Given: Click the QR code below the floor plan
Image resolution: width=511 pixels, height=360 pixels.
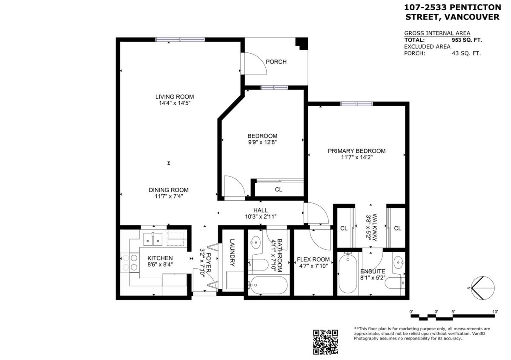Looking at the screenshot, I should (x=326, y=342).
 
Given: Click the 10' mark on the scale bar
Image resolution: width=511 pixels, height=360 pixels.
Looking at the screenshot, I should (x=495, y=312).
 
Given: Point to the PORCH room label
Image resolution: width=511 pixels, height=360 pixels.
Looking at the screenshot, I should (x=276, y=62).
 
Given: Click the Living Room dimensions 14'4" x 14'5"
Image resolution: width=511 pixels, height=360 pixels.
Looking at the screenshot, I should (x=169, y=103).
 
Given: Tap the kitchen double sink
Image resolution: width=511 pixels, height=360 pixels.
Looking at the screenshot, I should (x=152, y=239).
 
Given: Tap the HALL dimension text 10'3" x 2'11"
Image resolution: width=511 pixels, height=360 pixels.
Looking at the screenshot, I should (x=260, y=216).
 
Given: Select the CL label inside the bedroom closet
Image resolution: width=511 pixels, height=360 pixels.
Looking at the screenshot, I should (x=278, y=190).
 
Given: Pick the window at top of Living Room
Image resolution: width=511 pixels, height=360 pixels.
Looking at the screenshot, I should (x=180, y=40).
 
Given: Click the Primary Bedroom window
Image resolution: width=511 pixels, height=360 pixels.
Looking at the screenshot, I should (x=356, y=104).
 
